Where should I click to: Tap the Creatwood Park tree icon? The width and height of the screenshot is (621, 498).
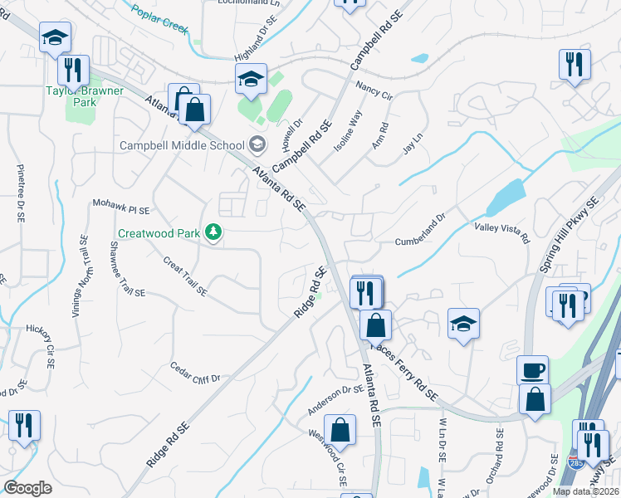pyautogui.click(x=214, y=232)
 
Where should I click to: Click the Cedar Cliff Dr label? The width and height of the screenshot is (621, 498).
pyautogui.click(x=194, y=372)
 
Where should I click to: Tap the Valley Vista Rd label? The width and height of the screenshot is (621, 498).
pyautogui.click(x=501, y=233)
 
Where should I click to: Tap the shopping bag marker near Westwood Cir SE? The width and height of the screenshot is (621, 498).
pyautogui.click(x=340, y=430)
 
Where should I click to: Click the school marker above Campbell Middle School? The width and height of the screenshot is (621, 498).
pyautogui.click(x=251, y=79)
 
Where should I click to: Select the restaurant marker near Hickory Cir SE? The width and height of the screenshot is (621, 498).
pyautogui.click(x=23, y=427)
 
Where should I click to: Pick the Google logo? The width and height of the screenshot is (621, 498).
pyautogui.click(x=27, y=488)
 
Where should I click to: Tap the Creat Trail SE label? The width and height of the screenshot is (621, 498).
pyautogui.click(x=185, y=277)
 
